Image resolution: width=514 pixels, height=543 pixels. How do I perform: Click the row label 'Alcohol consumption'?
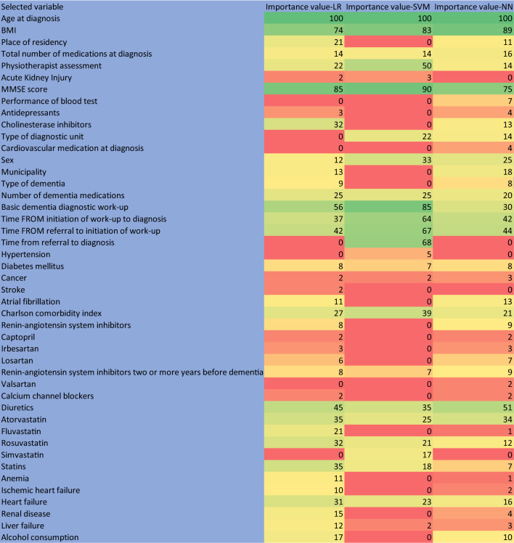(x=40, y=537)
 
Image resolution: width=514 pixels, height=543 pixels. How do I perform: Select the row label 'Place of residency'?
(x=36, y=41)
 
